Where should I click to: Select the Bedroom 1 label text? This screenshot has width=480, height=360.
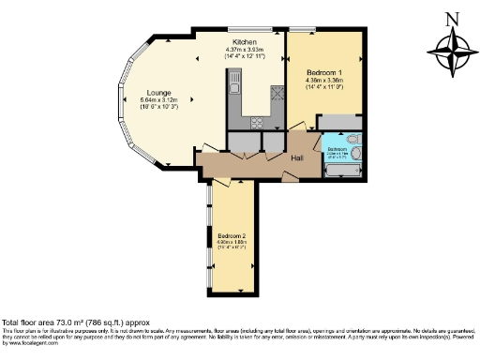tap(326, 72)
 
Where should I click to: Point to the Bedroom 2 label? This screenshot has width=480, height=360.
tap(231, 234)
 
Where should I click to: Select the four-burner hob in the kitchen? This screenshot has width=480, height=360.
tap(277, 93)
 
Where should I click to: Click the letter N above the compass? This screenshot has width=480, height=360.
tap(451, 18)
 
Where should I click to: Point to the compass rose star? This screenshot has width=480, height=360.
tap(451, 51)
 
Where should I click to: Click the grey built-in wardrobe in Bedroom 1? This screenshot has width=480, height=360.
tap(341, 123)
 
